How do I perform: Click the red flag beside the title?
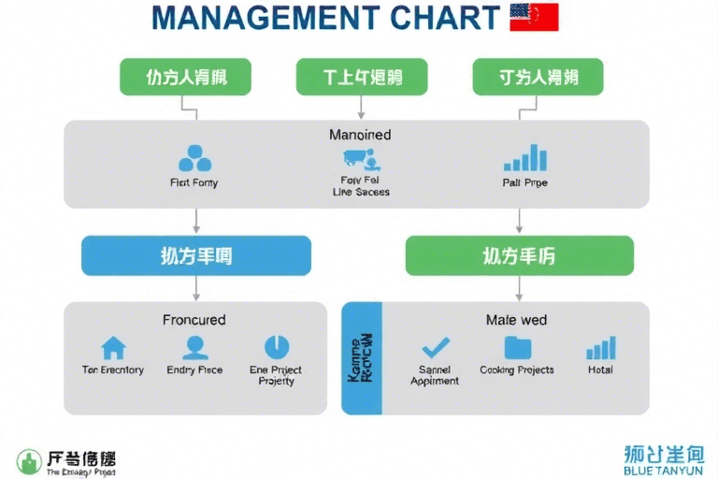pos(534,17)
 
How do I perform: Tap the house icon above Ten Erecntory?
pos(113,348)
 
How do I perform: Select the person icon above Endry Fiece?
pos(194,348)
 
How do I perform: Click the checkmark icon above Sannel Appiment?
pos(435,348)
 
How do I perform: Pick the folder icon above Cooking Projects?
pos(517,348)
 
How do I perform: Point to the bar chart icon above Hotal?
pos(600,348)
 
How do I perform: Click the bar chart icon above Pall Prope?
pos(524,157)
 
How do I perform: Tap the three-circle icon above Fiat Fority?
pos(194,158)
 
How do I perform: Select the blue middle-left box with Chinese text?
pos(195,255)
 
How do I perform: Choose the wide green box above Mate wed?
pos(519,255)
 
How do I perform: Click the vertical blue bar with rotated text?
pos(362,358)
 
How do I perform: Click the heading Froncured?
pos(194,320)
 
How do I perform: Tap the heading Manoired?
pos(360,135)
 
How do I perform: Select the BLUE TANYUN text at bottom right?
pos(663,471)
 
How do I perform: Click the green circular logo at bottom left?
pos(29,461)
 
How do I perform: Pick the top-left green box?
pos(186,77)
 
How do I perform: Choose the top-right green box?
pos(538,77)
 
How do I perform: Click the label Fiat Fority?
pos(194,182)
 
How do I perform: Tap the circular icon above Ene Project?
pos(277,347)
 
